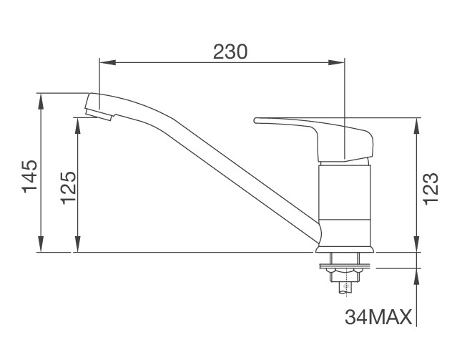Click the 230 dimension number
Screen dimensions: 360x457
[x=230, y=51]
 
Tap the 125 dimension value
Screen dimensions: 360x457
[x=69, y=188]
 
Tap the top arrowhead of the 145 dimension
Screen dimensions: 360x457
[x=41, y=97]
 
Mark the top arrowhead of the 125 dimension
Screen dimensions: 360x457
[x=77, y=122]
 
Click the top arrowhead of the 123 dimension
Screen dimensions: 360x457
[x=417, y=123]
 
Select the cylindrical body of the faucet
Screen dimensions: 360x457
[x=345, y=204]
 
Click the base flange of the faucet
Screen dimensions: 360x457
[x=344, y=249]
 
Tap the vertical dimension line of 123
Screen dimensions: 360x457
[x=417, y=186]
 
